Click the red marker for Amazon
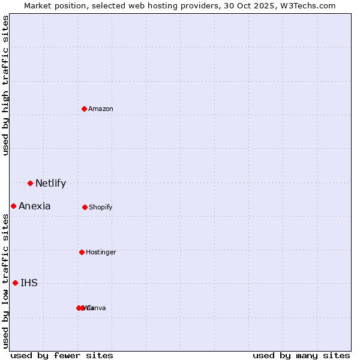[85, 109]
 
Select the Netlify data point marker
[30, 183]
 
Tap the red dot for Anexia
[13, 206]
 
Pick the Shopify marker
[85, 207]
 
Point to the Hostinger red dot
[82, 252]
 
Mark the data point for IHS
[15, 283]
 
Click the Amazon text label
[101, 109]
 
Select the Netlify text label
[50, 184]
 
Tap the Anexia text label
[35, 206]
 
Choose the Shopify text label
[101, 207]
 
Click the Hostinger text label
[101, 252]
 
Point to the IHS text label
[29, 283]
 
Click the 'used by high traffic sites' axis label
[5, 85]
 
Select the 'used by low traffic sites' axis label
[5, 281]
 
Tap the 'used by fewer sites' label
[62, 355]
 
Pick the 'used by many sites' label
[301, 355]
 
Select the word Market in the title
[37, 5]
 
